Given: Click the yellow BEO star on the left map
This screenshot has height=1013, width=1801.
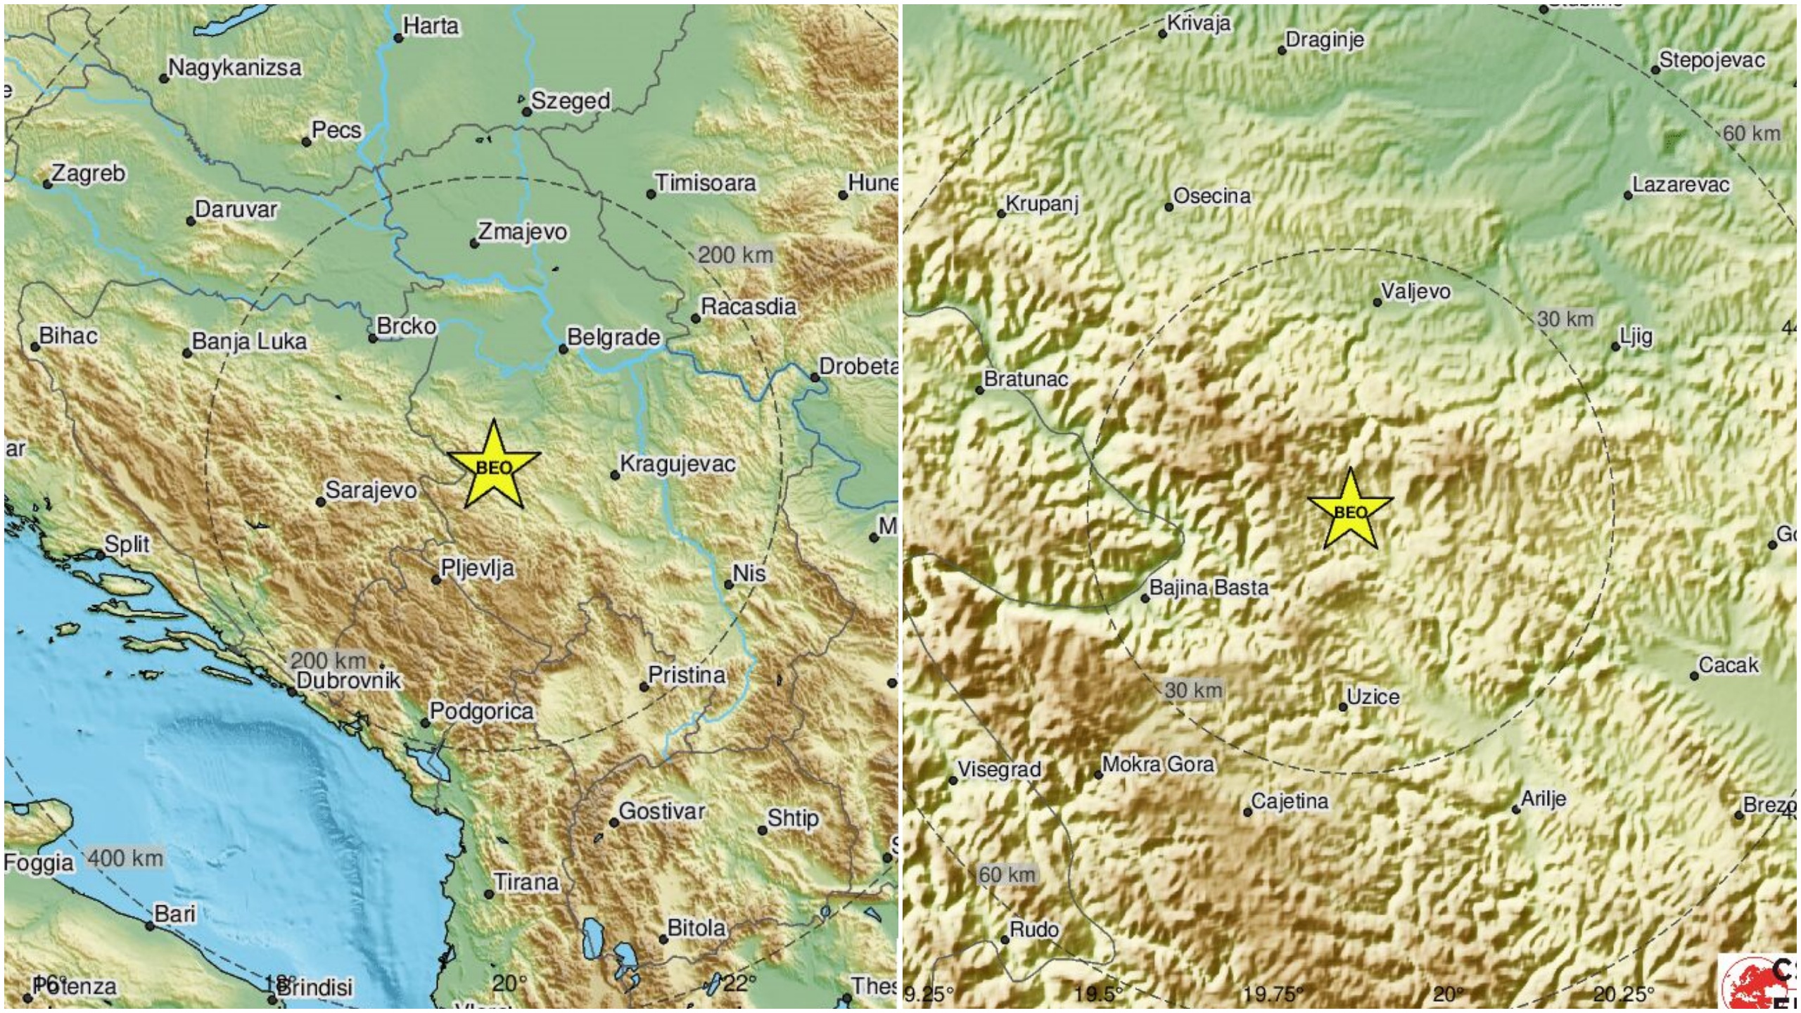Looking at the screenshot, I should pyautogui.click(x=494, y=466).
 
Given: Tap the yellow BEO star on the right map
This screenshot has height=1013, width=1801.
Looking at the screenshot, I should pyautogui.click(x=1350, y=511).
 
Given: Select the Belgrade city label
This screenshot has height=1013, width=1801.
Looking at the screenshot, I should pyautogui.click(x=613, y=338).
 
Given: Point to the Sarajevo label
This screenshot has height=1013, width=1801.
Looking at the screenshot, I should pyautogui.click(x=371, y=490).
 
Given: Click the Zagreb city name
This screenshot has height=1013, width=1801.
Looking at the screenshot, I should pyautogui.click(x=89, y=173).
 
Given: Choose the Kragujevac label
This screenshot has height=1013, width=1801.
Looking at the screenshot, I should pyautogui.click(x=677, y=464).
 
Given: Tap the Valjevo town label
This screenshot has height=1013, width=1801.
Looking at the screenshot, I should pyautogui.click(x=1415, y=291).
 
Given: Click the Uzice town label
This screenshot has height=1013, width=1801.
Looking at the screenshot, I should pyautogui.click(x=1373, y=697).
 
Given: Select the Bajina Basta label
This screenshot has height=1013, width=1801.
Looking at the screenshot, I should pyautogui.click(x=1209, y=587).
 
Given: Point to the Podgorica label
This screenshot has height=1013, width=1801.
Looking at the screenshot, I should pyautogui.click(x=482, y=712).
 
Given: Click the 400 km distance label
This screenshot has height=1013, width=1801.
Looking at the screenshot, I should pyautogui.click(x=126, y=858).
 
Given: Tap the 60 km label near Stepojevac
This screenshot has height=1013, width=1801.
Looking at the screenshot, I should pyautogui.click(x=1750, y=133).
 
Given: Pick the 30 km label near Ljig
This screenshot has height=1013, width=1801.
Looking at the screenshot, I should pyautogui.click(x=1565, y=319).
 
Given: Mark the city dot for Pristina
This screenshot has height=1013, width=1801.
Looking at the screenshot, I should pyautogui.click(x=644, y=687).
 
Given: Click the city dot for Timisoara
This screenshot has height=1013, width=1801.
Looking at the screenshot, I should pyautogui.click(x=651, y=194).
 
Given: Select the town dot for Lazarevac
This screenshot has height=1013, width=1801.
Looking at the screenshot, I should pyautogui.click(x=1628, y=196).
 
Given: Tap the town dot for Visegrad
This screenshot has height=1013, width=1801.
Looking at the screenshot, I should pyautogui.click(x=953, y=781).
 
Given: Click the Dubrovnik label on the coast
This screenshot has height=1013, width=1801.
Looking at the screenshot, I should pyautogui.click(x=349, y=680).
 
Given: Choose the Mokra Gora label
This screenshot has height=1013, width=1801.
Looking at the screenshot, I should pyautogui.click(x=1158, y=764).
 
